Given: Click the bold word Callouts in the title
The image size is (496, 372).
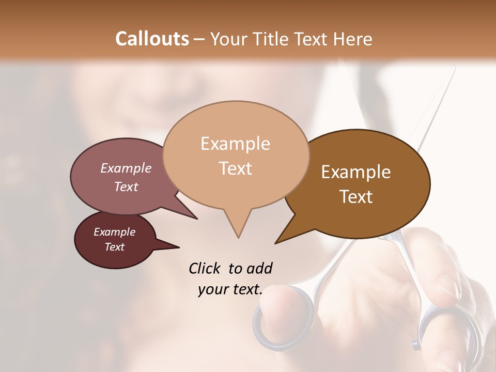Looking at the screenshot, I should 152,39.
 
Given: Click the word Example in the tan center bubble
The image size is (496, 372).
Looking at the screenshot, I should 235,144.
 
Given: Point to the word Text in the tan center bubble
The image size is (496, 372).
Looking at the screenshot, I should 235,168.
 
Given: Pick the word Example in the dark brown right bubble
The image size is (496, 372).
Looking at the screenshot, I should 356,172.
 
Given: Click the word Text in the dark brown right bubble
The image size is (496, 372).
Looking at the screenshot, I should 356,196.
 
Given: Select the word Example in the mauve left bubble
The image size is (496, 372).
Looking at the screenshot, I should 126,168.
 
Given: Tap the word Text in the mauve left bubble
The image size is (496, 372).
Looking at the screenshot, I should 126,187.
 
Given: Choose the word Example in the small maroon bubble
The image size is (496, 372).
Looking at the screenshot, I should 114,232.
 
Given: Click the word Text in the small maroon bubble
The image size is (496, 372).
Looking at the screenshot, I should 114,247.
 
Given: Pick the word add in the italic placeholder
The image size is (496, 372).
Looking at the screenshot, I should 259,268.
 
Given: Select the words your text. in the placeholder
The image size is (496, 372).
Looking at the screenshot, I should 230,289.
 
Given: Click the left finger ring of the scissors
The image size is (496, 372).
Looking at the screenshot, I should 284,320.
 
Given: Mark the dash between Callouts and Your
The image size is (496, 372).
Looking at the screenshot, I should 200,39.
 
